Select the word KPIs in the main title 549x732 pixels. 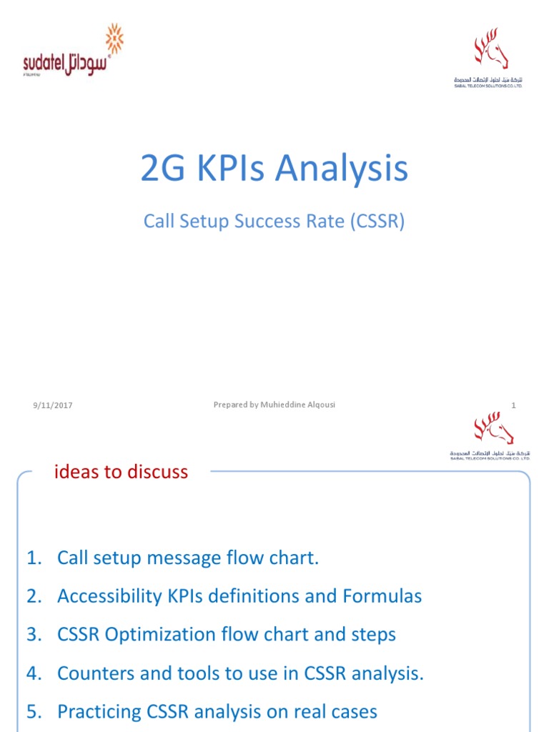(220, 169)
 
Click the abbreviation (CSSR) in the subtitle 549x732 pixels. (377, 222)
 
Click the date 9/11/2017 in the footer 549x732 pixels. (52, 406)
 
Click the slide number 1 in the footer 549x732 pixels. (513, 406)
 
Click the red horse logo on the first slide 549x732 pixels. (491, 54)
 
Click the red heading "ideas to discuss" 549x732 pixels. (122, 472)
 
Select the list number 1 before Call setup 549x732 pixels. (32, 558)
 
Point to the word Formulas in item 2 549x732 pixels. (385, 596)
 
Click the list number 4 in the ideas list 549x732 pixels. (33, 673)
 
